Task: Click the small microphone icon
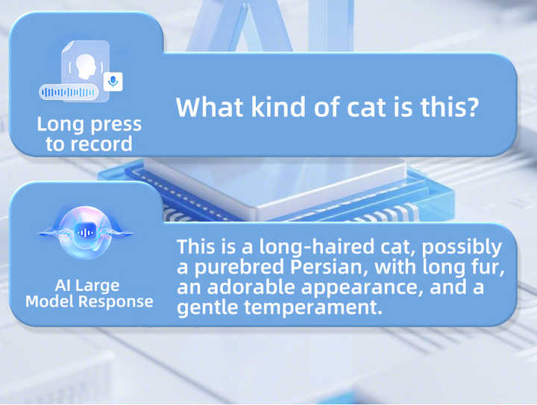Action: click(x=113, y=81)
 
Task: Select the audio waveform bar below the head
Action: click(x=69, y=92)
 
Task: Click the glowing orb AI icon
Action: click(x=85, y=233)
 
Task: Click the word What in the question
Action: click(x=210, y=107)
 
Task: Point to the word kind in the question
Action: click(x=278, y=107)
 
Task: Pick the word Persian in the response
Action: click(x=329, y=267)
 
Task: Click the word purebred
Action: click(x=239, y=267)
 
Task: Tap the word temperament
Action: click(x=313, y=308)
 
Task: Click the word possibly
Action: click(x=462, y=248)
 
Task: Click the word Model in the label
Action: click(x=50, y=301)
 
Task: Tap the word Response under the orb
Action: click(x=116, y=302)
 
